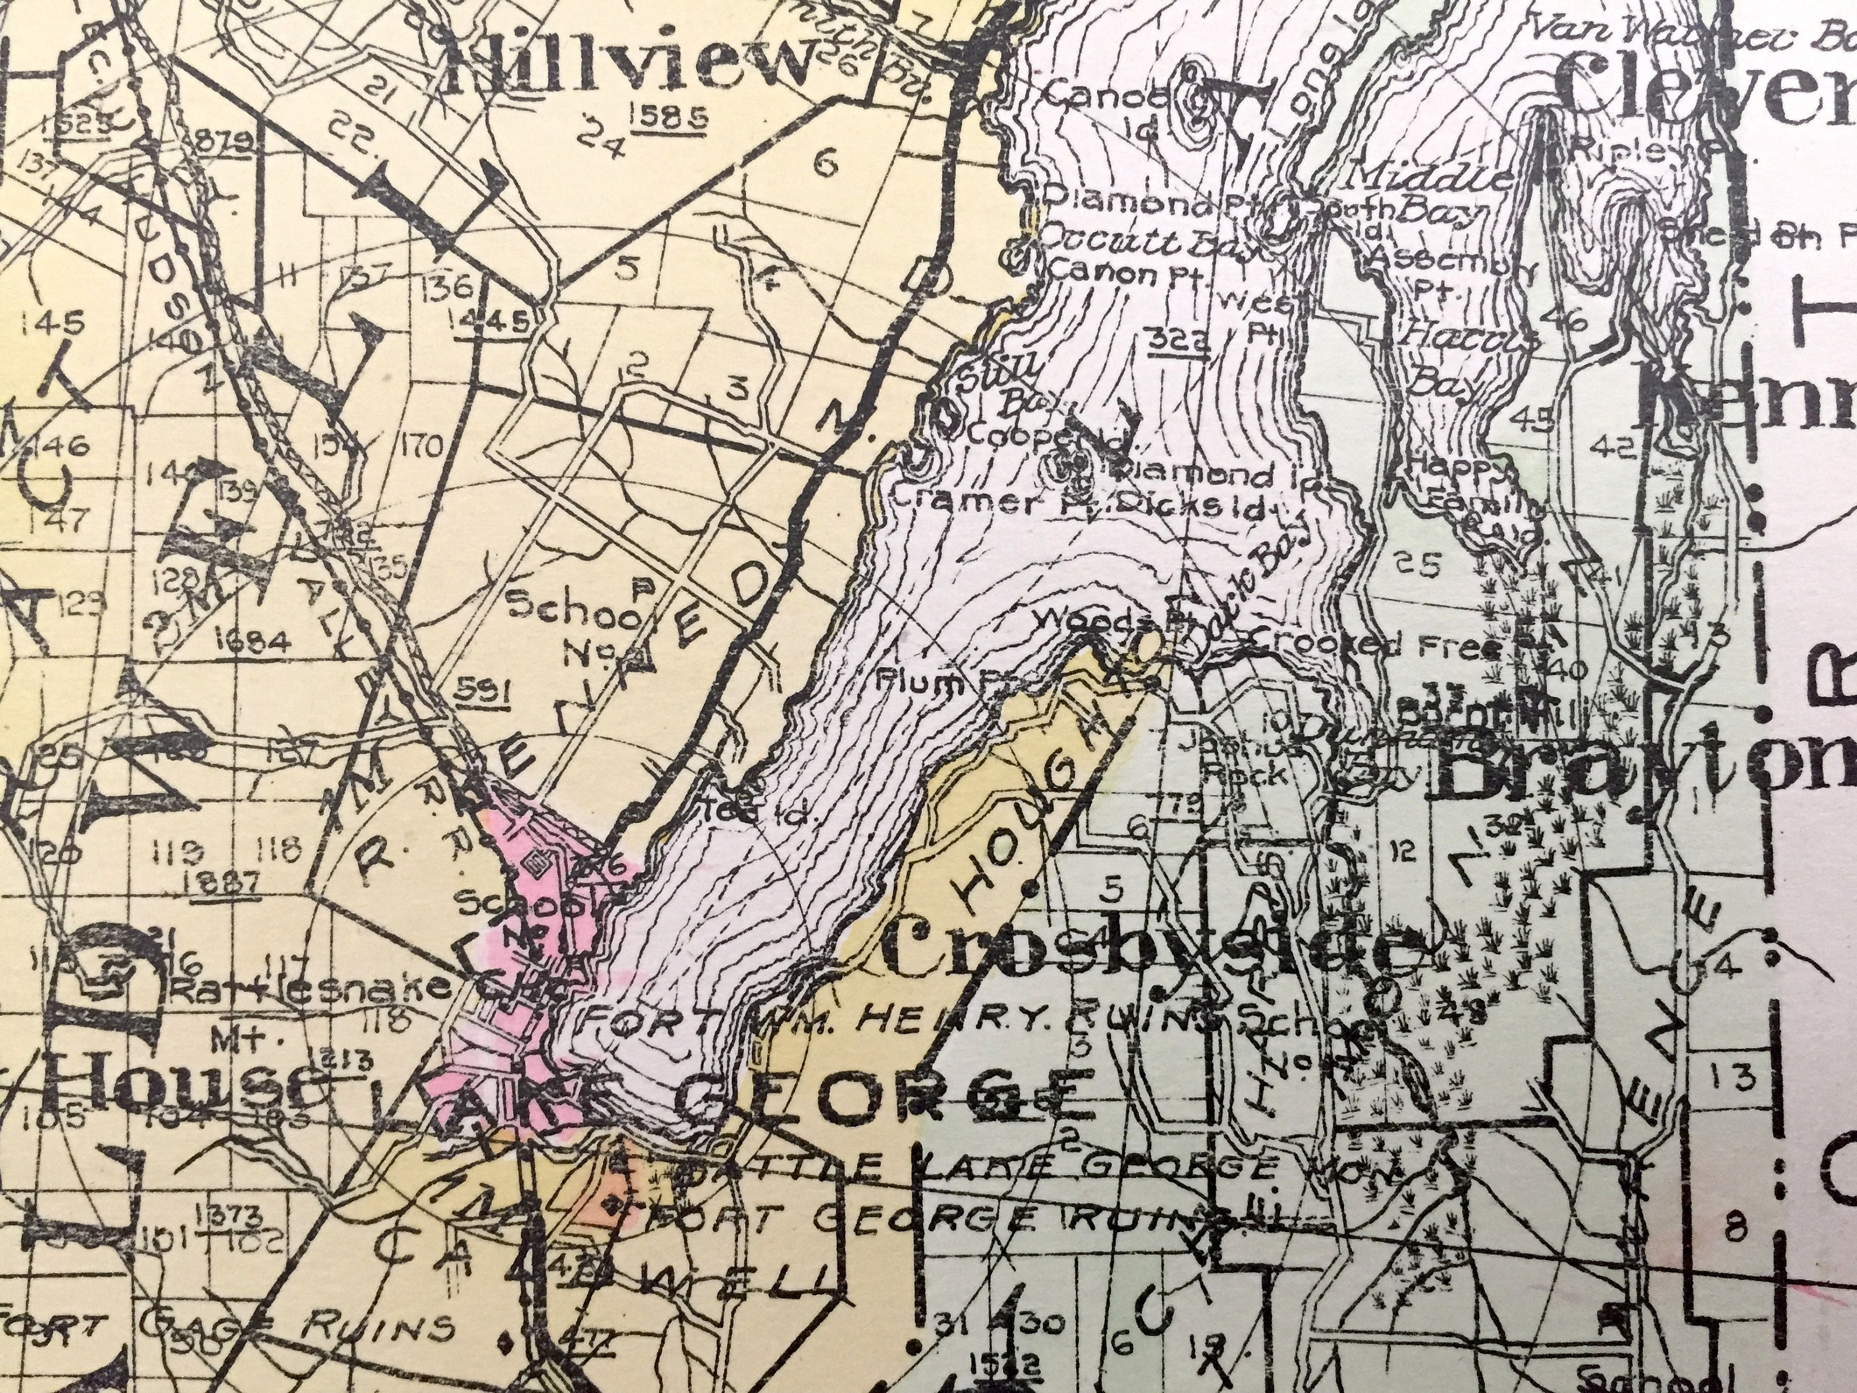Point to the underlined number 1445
coord(497,319)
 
